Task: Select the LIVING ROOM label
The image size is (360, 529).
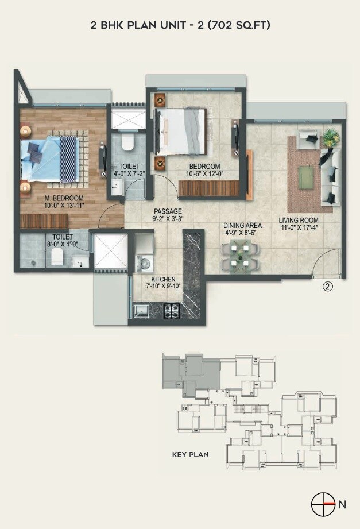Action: pos(299,220)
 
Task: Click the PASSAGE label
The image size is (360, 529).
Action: pos(168,211)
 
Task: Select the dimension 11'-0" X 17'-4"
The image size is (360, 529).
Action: pos(299,227)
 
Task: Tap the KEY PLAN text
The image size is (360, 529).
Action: pos(190,454)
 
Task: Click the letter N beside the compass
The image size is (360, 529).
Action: pos(343,505)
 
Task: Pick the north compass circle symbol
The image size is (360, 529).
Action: pos(323,504)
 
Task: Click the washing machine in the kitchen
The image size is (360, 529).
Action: pos(144,263)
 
